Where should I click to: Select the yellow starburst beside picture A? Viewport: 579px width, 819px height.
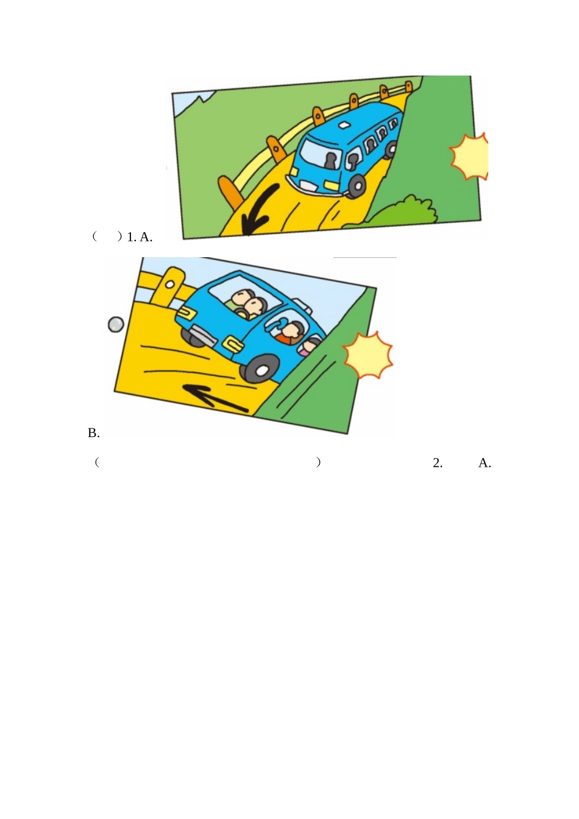click(x=469, y=157)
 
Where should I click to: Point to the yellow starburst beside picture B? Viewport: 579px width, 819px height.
click(x=368, y=355)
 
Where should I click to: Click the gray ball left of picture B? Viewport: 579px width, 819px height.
click(x=116, y=324)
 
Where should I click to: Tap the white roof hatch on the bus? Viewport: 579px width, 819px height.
click(x=344, y=125)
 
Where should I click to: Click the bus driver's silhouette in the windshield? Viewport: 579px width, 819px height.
click(x=331, y=161)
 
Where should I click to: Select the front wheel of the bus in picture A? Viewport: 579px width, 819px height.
click(x=357, y=186)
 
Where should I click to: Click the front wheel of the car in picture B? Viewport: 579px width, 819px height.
click(x=261, y=370)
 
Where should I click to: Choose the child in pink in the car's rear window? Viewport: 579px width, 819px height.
click(x=310, y=346)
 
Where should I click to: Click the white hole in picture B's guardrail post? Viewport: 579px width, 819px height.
click(x=170, y=284)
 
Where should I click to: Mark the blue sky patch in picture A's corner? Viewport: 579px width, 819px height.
click(x=189, y=103)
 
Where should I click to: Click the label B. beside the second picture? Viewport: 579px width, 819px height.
click(x=94, y=433)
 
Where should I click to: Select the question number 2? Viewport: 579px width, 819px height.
click(x=438, y=463)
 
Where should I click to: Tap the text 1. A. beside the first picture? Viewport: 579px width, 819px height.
click(x=140, y=237)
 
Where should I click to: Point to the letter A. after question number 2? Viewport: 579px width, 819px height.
click(x=485, y=463)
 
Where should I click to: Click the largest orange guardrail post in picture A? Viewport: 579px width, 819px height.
click(x=229, y=193)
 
